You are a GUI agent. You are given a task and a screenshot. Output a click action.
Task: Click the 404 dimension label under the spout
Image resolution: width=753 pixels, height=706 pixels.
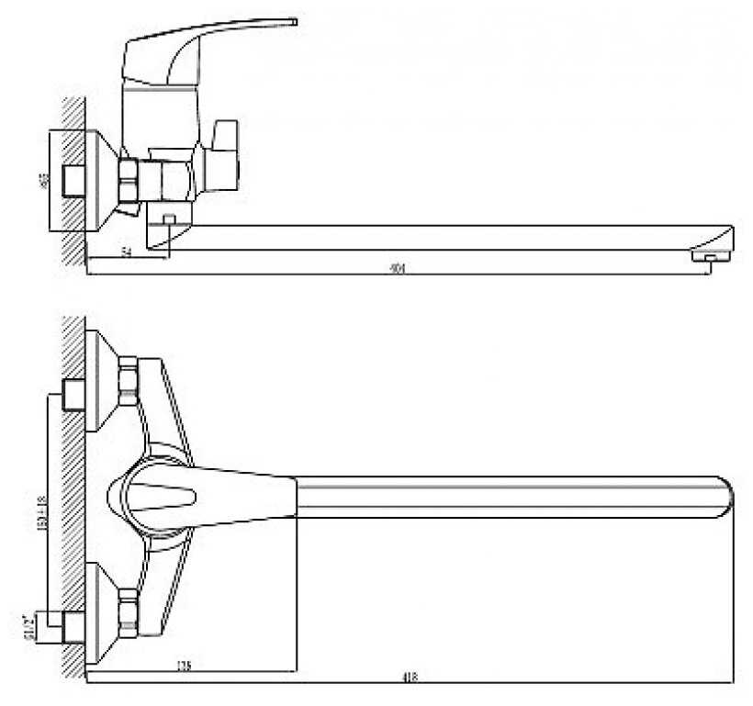point(398,268)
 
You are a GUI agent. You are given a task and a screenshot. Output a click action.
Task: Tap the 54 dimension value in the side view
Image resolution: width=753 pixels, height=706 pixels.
point(127,252)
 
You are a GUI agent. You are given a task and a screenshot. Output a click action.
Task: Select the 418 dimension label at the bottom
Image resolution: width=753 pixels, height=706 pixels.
point(410,677)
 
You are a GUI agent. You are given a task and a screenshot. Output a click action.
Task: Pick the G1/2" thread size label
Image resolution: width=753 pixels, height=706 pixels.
point(28,625)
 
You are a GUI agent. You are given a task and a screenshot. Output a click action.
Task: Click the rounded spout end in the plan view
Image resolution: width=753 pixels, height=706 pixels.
point(721,497)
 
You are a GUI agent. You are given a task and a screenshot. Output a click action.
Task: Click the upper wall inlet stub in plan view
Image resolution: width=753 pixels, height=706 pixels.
point(74,394)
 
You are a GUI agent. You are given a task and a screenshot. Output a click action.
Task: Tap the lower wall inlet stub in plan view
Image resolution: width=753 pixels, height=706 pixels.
point(74,628)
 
